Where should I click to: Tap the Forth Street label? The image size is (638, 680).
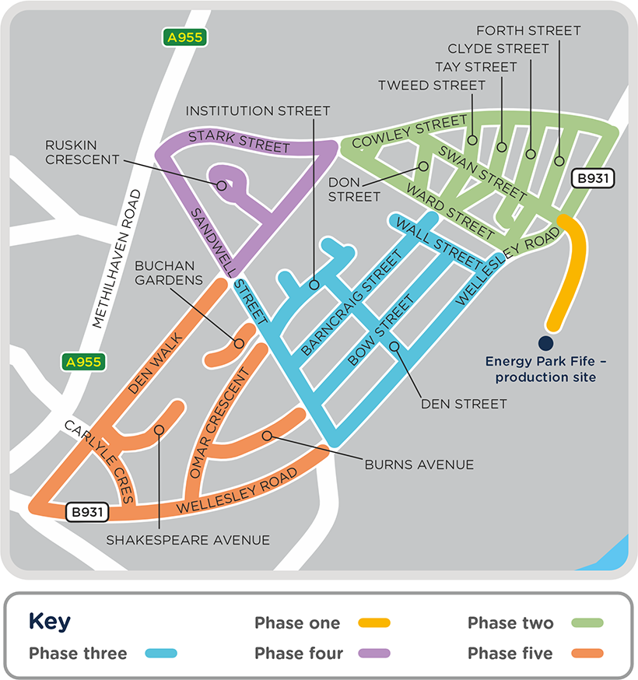click(x=528, y=30)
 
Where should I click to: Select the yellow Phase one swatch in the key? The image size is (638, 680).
click(x=373, y=623)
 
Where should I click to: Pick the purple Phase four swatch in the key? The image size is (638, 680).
click(x=373, y=654)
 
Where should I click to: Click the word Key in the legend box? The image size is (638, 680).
click(x=50, y=622)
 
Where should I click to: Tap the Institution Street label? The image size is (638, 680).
click(x=258, y=111)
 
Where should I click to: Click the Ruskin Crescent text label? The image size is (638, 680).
click(x=82, y=152)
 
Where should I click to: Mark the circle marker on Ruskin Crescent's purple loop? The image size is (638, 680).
click(x=222, y=186)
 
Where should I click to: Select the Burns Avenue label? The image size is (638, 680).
click(x=419, y=464)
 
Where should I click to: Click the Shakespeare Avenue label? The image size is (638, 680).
click(x=188, y=539)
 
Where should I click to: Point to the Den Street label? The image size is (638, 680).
click(x=464, y=404)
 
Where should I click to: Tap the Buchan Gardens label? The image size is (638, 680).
click(x=168, y=272)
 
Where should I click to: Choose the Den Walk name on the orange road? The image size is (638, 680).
click(x=155, y=362)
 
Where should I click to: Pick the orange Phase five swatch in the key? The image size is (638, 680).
click(x=587, y=654)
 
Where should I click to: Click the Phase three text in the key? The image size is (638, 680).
click(x=78, y=654)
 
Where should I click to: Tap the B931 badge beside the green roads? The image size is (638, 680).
click(x=593, y=179)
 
